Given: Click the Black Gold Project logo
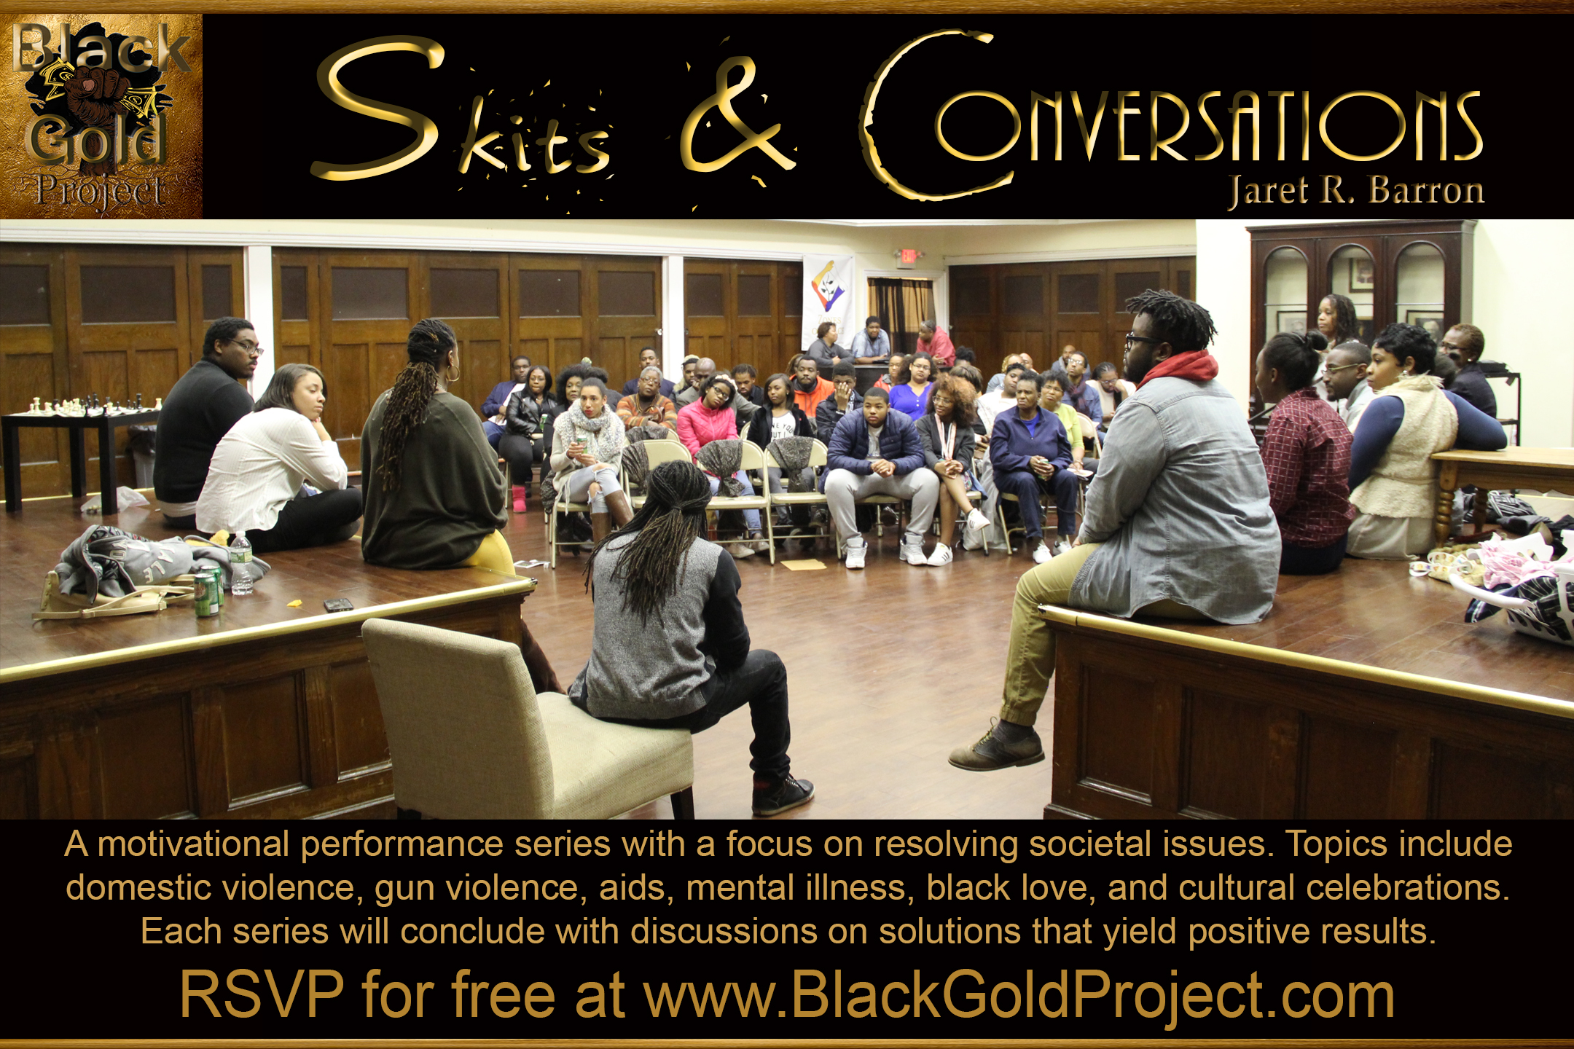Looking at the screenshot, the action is [101, 117].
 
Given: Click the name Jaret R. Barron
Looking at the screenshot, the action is [1356, 191].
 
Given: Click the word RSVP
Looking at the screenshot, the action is [262, 995].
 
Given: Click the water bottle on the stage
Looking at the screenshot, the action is [241, 563].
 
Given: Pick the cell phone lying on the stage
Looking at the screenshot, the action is [338, 604].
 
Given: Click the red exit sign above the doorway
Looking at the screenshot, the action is [908, 256].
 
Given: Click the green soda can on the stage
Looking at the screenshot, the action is [206, 594].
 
